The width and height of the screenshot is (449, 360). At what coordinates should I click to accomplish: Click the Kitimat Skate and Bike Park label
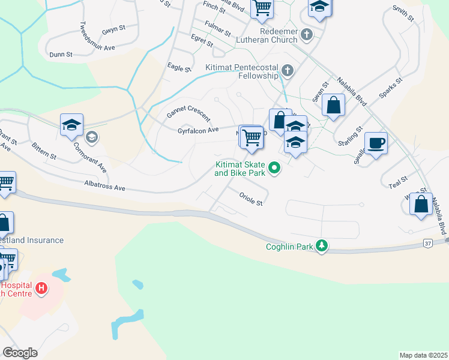point(240,167)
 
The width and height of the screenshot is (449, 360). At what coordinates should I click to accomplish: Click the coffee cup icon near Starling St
point(376,143)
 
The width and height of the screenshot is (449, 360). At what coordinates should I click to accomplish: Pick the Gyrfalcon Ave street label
point(197,130)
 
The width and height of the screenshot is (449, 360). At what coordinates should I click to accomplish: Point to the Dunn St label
point(61,54)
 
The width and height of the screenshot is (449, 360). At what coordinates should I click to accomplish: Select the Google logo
point(20,352)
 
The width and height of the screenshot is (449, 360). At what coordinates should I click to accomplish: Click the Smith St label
point(403,14)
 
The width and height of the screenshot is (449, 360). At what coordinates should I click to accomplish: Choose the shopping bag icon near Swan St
point(333,105)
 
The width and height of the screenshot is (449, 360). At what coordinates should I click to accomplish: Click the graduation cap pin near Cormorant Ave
point(71,125)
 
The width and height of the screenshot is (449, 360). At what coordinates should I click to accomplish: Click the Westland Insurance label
point(31,240)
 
